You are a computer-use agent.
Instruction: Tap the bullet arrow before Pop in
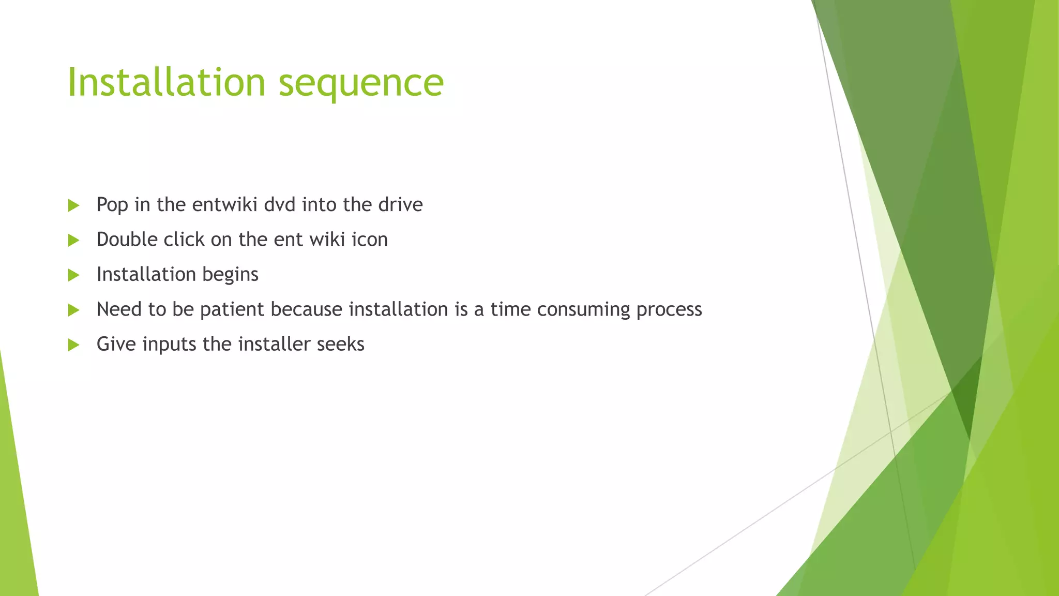(x=73, y=205)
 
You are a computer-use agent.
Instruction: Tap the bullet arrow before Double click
(x=73, y=240)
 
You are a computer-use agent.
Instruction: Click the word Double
(x=127, y=240)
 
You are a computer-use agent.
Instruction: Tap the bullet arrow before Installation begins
(x=73, y=275)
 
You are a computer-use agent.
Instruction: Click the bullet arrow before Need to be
(x=73, y=310)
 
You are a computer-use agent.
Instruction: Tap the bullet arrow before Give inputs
(x=73, y=345)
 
